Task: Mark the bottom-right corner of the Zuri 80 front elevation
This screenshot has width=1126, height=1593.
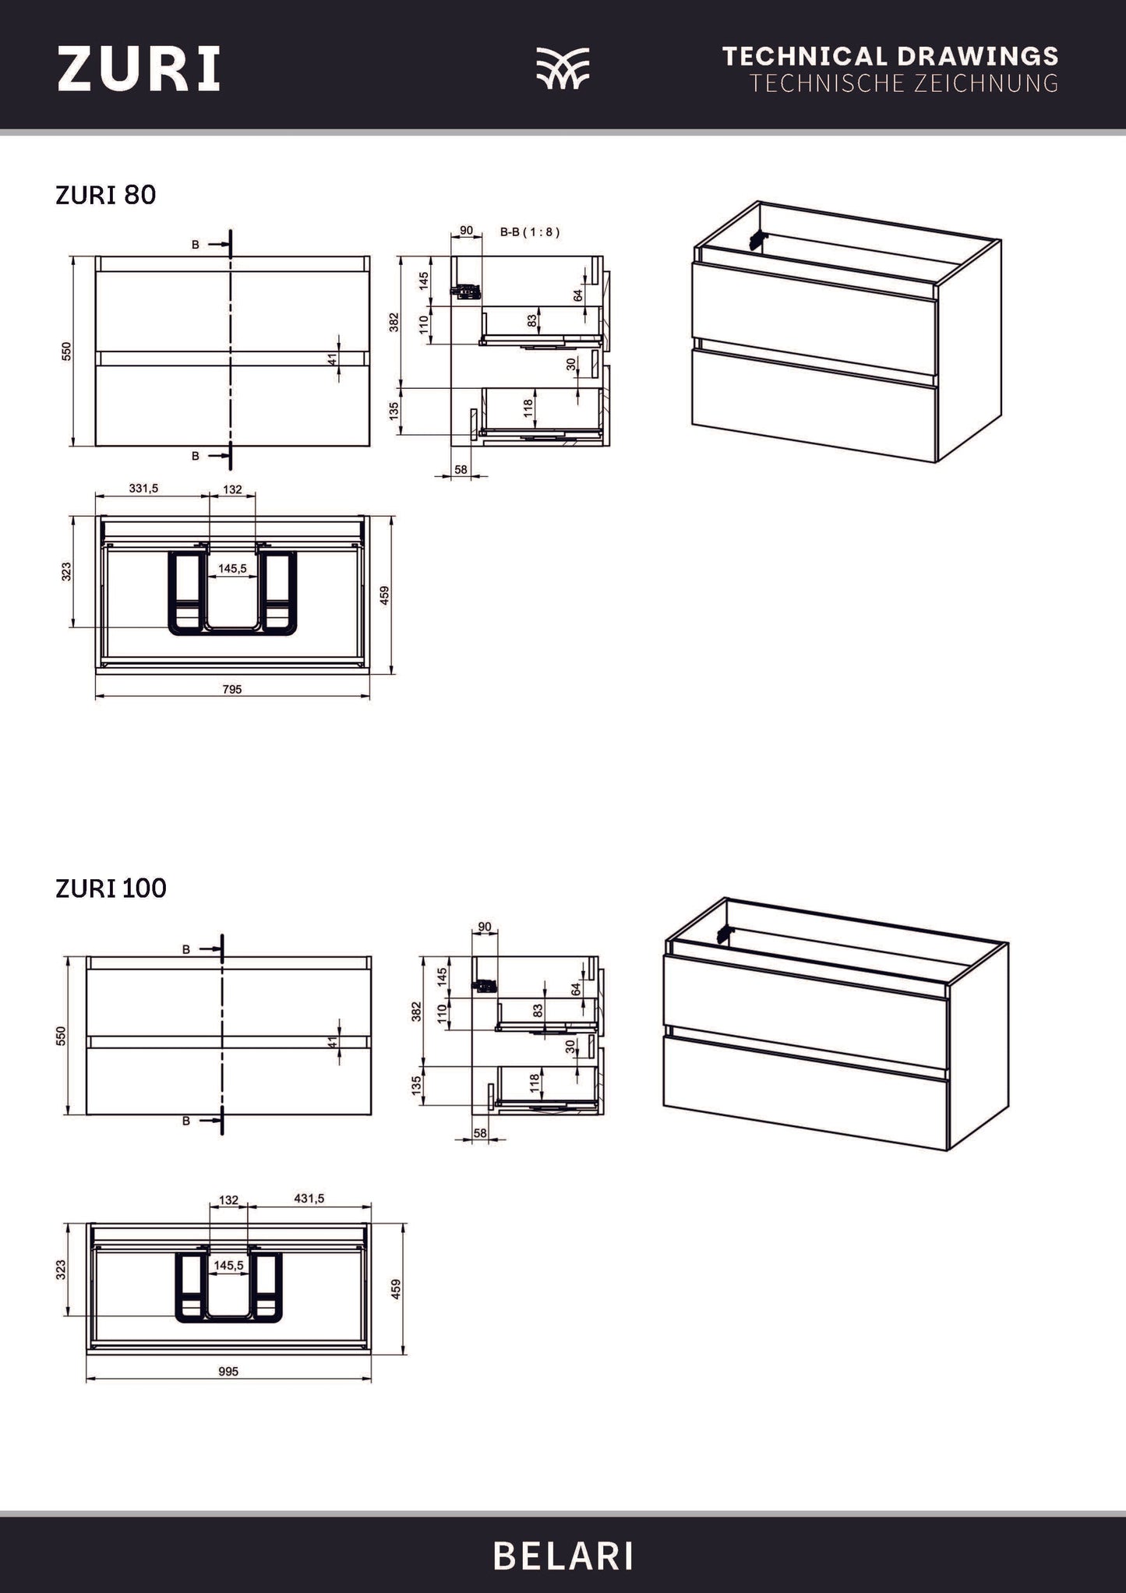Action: point(370,447)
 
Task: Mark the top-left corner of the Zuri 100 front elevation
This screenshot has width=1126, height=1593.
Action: point(87,956)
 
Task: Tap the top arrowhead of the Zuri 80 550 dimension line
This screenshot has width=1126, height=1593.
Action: point(72,259)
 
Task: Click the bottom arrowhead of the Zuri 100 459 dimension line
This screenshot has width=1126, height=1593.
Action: point(403,1351)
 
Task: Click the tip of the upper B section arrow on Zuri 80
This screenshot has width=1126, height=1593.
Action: point(230,245)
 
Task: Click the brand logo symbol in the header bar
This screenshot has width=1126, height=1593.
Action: point(563,68)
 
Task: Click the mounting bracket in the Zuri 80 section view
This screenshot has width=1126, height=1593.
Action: point(467,291)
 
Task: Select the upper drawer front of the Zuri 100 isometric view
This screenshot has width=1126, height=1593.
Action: point(805,994)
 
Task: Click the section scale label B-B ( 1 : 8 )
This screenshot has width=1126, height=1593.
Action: point(529,231)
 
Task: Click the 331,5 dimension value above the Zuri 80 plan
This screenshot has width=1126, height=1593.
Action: point(143,489)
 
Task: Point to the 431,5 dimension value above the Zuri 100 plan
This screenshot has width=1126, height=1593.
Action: point(309,1199)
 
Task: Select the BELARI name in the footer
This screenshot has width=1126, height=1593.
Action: point(563,1558)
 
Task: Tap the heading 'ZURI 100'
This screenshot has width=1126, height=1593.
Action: point(111,888)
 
